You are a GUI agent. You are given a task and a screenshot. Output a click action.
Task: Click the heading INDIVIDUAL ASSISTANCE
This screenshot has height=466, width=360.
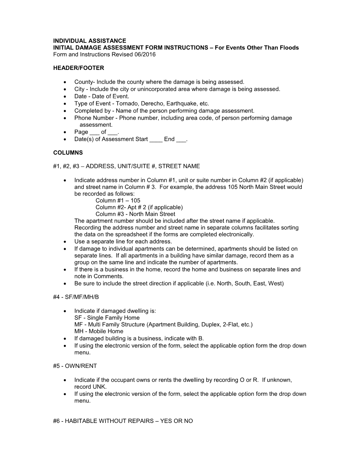tap(89, 41)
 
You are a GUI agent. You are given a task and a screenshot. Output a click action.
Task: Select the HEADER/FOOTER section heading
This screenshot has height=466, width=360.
tap(78, 68)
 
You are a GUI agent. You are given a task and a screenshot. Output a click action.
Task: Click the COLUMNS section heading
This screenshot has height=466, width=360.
tap(68, 153)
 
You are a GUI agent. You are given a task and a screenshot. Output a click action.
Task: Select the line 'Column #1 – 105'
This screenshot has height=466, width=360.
tap(118, 200)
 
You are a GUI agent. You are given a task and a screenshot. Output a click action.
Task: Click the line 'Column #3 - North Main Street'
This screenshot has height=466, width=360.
tap(135, 214)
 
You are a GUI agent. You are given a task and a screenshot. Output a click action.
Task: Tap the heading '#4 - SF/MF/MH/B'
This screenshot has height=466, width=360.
tap(76, 297)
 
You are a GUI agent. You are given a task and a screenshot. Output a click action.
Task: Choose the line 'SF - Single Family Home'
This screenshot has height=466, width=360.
tap(107, 317)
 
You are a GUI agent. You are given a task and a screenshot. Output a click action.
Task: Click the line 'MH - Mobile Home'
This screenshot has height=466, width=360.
tap(99, 331)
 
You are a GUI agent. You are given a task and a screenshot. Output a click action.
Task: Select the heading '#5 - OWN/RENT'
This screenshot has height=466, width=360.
tap(75, 366)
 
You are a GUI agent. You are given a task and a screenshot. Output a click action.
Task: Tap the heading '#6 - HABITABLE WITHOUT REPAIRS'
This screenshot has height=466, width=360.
tap(122, 421)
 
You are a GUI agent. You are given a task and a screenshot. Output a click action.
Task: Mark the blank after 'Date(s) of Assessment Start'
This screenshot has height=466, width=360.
tap(156, 139)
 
